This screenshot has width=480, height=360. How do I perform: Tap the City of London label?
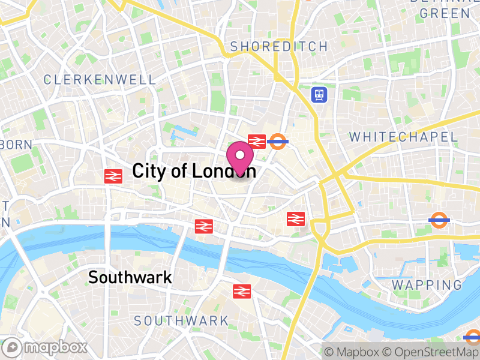click(x=194, y=171)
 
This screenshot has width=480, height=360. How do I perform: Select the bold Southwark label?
click(x=130, y=277)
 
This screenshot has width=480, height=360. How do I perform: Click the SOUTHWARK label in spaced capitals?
click(x=181, y=321)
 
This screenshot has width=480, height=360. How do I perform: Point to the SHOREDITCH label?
click(x=279, y=47)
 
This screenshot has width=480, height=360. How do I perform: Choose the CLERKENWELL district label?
click(x=100, y=79)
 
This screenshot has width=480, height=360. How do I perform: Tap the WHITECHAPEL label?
click(x=403, y=137)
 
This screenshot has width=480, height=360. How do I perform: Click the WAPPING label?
click(x=427, y=284)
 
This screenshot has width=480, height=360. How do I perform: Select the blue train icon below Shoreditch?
click(x=319, y=94)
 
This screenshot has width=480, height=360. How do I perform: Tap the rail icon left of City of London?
click(x=113, y=176)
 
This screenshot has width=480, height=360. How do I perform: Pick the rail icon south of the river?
click(x=241, y=291)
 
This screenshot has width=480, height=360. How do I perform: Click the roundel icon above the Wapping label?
click(x=440, y=220)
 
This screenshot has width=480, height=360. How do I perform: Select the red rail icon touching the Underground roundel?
click(x=257, y=141)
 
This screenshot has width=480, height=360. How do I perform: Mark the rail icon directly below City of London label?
click(x=204, y=226)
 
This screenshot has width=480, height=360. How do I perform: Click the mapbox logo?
click(x=46, y=347)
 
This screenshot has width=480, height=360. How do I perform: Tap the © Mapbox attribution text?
click(x=353, y=352)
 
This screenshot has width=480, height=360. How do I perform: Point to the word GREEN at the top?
click(x=445, y=13)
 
